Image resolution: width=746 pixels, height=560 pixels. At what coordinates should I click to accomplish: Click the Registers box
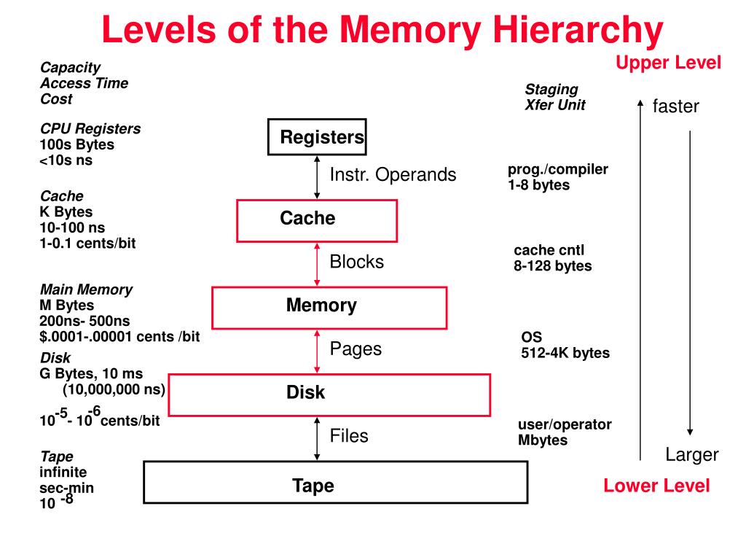point(316,136)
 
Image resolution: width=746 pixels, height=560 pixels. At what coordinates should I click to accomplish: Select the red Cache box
point(317,220)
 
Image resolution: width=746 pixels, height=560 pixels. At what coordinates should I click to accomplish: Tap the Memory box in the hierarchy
point(329,307)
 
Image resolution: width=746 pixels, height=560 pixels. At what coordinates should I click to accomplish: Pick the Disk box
point(329,394)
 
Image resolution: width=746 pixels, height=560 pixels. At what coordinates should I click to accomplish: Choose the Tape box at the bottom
point(335,482)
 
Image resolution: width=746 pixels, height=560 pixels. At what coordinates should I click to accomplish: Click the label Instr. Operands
point(393,175)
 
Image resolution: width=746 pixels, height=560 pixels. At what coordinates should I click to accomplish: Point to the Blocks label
point(356,262)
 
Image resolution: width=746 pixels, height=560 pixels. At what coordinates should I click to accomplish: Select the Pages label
point(356,349)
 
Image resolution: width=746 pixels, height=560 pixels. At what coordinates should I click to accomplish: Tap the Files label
point(349,436)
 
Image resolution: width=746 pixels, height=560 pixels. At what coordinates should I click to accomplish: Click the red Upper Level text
point(668,63)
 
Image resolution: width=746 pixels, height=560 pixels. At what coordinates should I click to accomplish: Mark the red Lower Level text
point(656,486)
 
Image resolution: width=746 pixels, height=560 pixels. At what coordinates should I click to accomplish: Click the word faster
point(675,106)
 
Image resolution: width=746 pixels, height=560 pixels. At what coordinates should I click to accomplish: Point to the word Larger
point(691,455)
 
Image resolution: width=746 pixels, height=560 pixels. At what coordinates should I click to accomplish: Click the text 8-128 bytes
point(552,266)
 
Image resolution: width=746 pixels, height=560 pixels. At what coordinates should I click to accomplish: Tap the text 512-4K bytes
point(565,354)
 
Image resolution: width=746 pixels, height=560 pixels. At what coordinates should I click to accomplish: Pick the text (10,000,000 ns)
point(114,389)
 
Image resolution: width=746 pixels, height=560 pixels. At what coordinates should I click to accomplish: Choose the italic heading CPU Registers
point(90,128)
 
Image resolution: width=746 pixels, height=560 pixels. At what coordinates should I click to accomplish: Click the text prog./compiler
point(557,169)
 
